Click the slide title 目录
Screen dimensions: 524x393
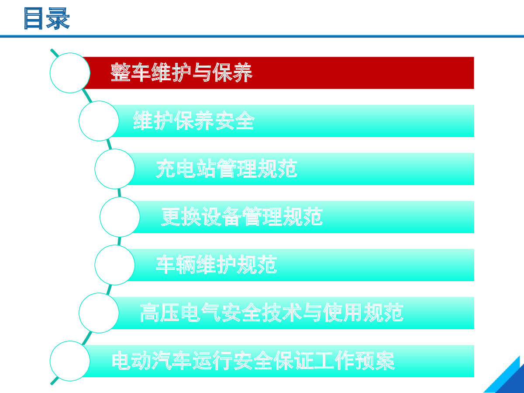47,18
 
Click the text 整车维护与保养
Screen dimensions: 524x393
181,72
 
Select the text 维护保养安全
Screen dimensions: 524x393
194,121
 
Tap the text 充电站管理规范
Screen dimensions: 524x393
226,169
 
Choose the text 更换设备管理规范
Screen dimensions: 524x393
242,217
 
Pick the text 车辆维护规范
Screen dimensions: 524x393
216,265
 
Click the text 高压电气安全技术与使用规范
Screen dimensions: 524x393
272,313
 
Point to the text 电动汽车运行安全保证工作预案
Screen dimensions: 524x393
253,361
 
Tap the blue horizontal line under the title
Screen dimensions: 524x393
262,36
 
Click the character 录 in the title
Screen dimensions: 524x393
58,18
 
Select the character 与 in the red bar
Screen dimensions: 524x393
202,72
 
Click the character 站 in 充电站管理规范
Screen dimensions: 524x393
206,169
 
